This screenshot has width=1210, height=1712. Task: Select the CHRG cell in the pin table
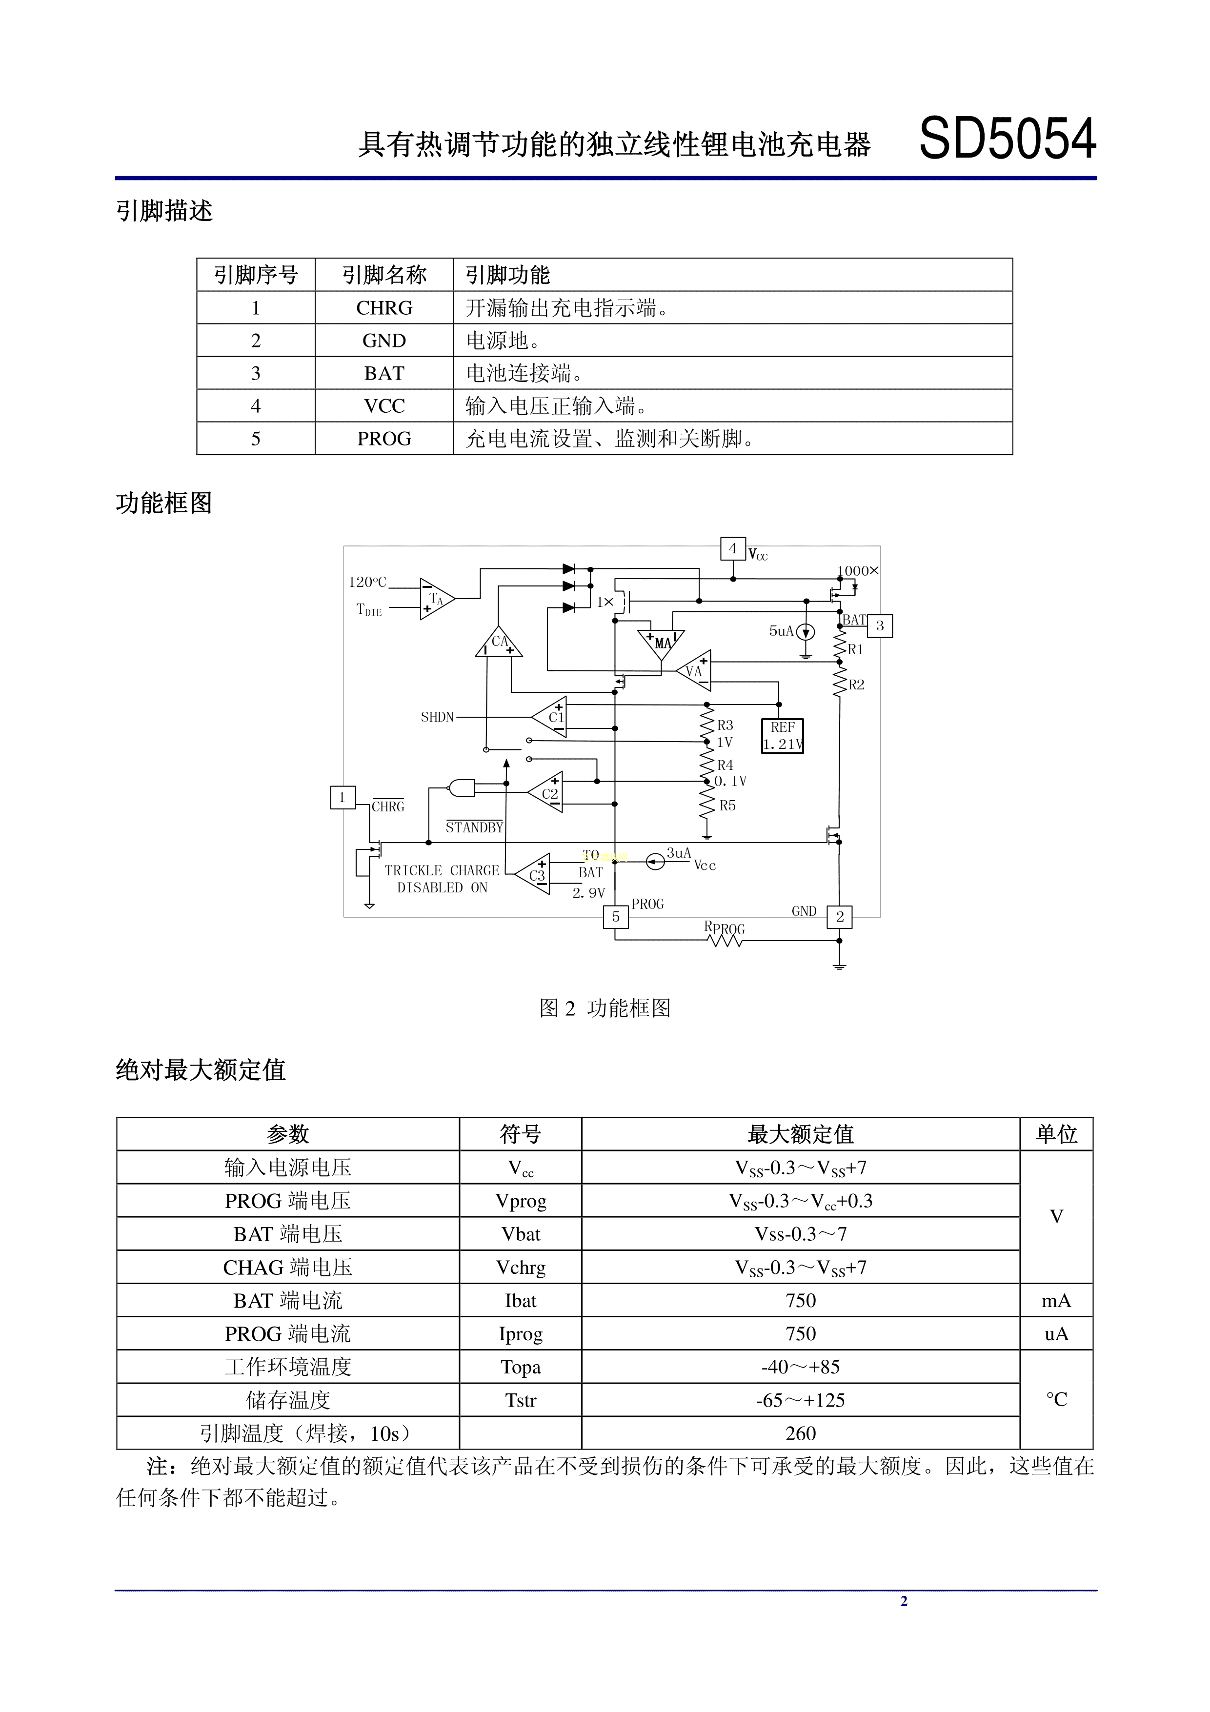point(384,308)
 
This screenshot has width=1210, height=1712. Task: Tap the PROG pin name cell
point(384,439)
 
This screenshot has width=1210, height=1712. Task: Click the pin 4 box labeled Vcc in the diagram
point(732,549)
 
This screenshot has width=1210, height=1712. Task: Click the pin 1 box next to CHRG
point(342,797)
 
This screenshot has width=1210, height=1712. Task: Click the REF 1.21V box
point(782,735)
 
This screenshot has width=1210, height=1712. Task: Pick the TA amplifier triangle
point(435,599)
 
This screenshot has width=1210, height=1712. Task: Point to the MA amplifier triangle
point(661,643)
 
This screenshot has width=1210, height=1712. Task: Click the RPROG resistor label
point(724,928)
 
